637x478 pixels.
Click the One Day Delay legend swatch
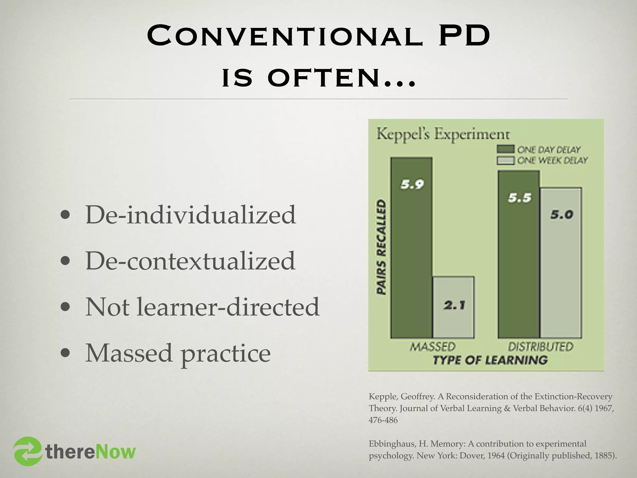click(x=505, y=149)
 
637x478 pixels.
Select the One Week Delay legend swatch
click(x=505, y=161)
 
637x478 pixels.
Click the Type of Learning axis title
click(x=490, y=360)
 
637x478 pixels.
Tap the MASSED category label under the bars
click(x=432, y=347)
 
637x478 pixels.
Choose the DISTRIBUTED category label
click(x=541, y=347)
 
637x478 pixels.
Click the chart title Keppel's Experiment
click(x=443, y=134)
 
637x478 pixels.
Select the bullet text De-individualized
click(x=190, y=215)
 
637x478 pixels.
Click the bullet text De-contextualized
click(x=190, y=261)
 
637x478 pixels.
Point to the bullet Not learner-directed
click(x=202, y=307)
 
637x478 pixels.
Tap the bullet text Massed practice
click(x=178, y=353)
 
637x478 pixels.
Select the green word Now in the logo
click(x=115, y=452)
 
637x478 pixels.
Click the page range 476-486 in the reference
click(x=383, y=420)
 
